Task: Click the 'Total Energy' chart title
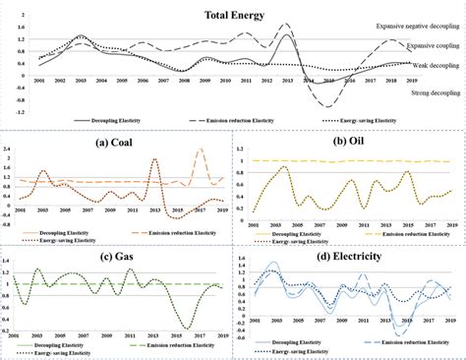pyautogui.click(x=233, y=15)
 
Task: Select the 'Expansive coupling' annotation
pyautogui.click(x=428, y=45)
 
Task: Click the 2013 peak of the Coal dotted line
pyautogui.click(x=155, y=160)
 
